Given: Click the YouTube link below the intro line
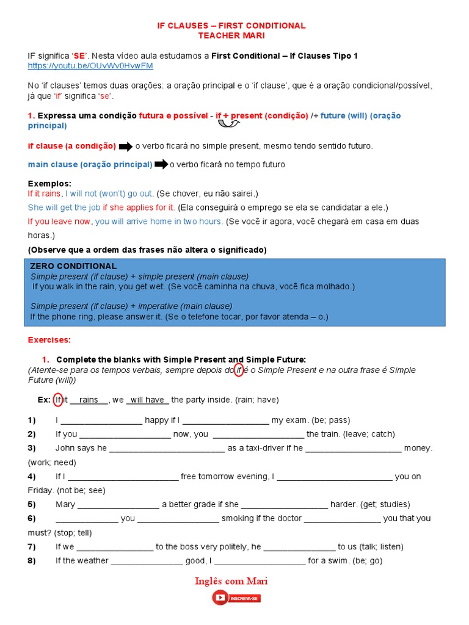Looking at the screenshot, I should (x=90, y=65).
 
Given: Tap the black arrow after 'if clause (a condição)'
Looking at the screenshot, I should (x=125, y=146).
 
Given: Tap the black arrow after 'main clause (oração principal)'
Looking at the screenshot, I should (x=161, y=165).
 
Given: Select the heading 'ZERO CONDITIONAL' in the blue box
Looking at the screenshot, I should (x=73, y=266).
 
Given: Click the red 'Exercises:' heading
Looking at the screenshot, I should (x=49, y=339).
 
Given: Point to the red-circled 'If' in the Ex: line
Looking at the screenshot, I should (x=58, y=400).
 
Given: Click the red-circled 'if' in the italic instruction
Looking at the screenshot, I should (x=239, y=370).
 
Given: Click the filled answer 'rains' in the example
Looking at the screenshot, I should (x=89, y=400).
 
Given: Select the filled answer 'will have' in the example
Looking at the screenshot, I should (x=147, y=400).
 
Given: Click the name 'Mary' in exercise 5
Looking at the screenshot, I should (x=65, y=504).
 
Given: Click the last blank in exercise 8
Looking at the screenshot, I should (x=260, y=560).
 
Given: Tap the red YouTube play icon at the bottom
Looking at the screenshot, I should (x=220, y=598).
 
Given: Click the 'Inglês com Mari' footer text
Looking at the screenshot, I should (x=231, y=581).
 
